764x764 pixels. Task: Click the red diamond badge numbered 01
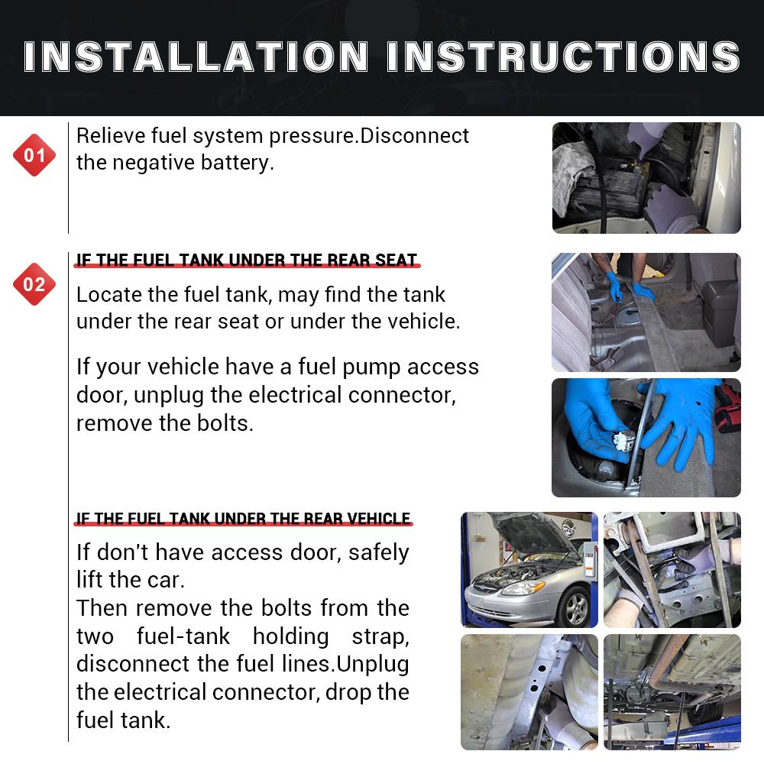[34, 155]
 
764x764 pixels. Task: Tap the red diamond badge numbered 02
[34, 284]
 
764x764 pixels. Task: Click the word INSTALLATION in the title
[196, 57]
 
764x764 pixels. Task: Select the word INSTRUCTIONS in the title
[564, 57]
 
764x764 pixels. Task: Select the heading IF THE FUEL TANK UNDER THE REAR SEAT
[247, 261]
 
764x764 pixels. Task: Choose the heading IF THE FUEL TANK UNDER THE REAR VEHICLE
[243, 519]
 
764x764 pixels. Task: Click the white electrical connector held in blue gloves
[623, 441]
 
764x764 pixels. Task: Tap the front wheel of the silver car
[576, 608]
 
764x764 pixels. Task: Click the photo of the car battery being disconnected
[646, 178]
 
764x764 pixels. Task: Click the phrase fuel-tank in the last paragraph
[183, 637]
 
